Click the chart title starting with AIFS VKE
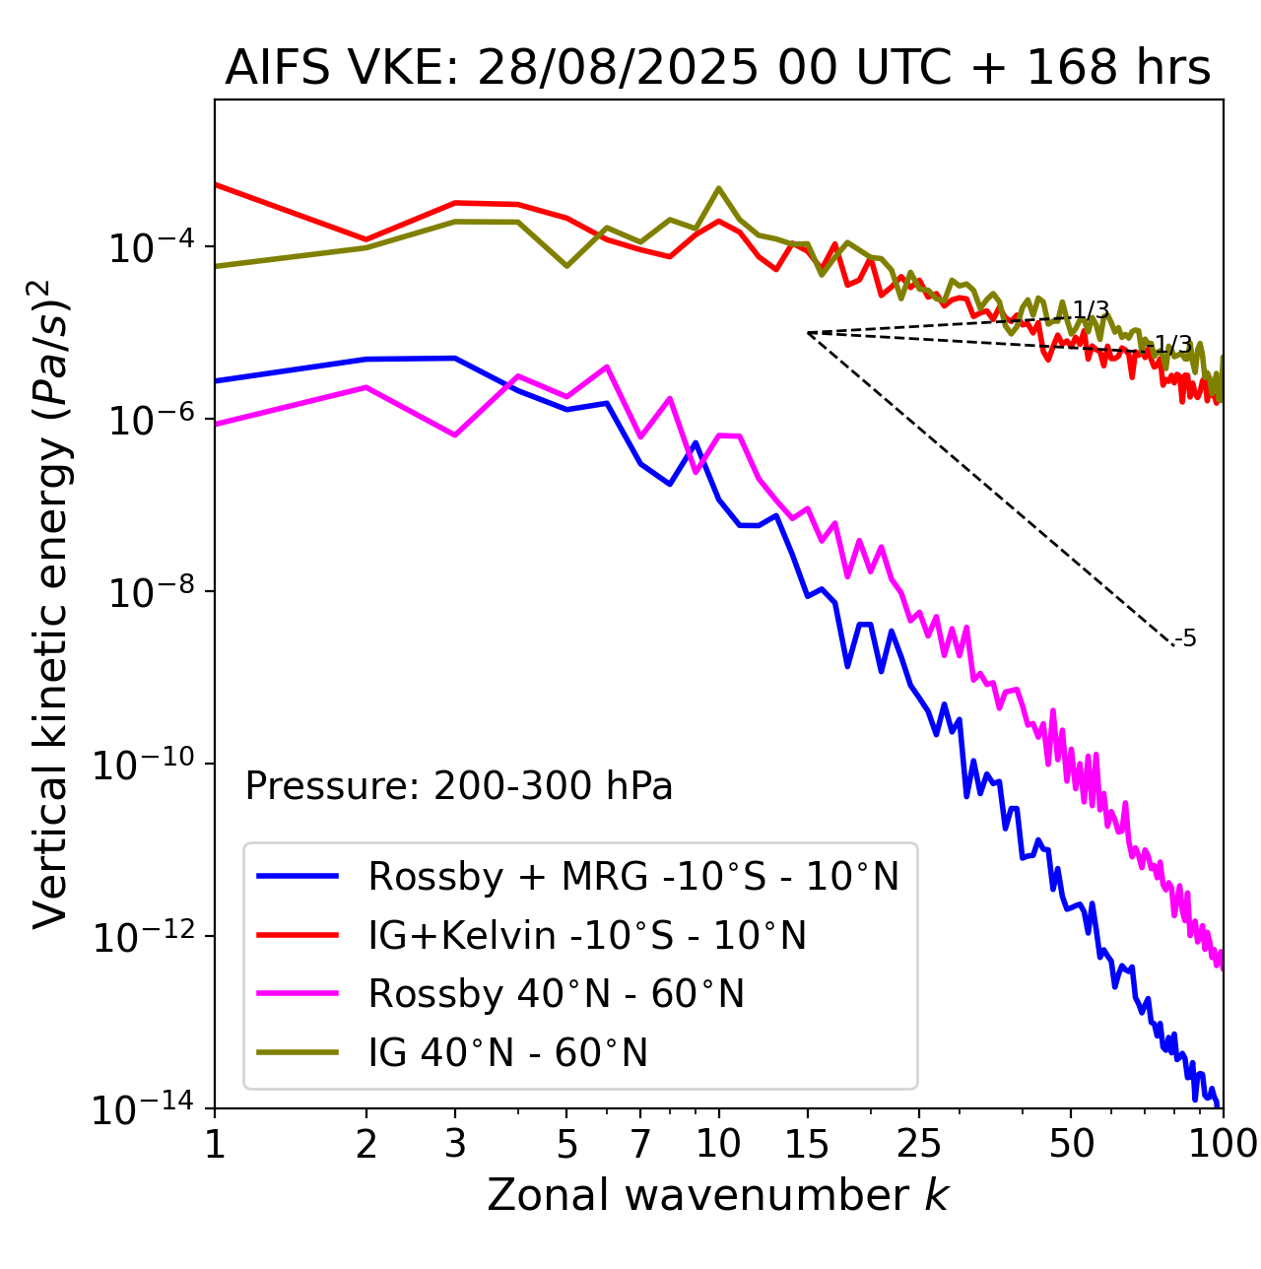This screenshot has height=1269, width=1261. click(x=717, y=68)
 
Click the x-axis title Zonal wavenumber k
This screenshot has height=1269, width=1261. click(x=717, y=1195)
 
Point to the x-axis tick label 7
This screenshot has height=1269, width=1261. click(x=640, y=1144)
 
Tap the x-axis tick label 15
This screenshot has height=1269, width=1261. click(x=808, y=1144)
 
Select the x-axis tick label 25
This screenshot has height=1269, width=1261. click(x=919, y=1144)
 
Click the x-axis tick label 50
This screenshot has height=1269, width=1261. click(x=1071, y=1144)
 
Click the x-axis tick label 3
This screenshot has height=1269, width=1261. click(x=455, y=1144)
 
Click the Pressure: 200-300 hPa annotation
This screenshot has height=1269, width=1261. click(x=459, y=786)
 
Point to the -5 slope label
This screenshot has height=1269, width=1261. click(x=1186, y=639)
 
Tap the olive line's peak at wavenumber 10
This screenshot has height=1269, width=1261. click(x=718, y=188)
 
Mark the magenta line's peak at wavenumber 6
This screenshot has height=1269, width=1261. click(x=607, y=367)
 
